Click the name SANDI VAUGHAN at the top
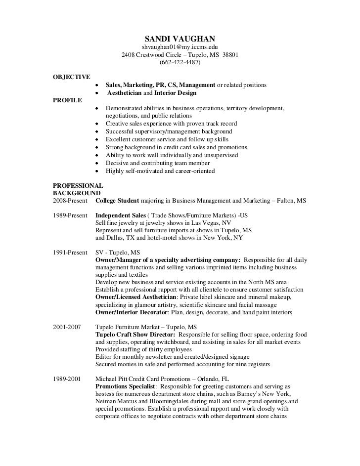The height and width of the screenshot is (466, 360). [x=180, y=39]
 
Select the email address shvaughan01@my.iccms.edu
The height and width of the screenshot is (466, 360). [x=180, y=47]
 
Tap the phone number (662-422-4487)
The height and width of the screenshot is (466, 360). [x=180, y=63]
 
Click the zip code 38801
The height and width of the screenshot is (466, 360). [x=230, y=55]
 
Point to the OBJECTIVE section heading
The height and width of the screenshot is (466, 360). [x=71, y=77]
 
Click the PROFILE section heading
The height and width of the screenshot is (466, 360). [x=68, y=100]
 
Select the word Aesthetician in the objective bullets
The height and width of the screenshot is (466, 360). [x=125, y=93]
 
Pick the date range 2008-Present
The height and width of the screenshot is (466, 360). [x=70, y=201]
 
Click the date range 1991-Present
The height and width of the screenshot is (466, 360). [x=70, y=252]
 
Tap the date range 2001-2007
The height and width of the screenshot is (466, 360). [x=66, y=327]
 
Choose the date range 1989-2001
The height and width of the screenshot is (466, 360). [x=66, y=378]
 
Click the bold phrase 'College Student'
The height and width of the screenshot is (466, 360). [x=117, y=201]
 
